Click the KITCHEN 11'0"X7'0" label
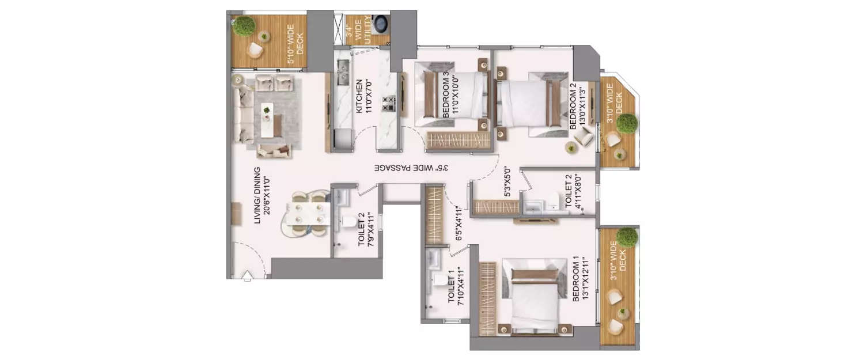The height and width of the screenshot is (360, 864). pos(363,96)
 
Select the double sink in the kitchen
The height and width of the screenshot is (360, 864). pos(343,72)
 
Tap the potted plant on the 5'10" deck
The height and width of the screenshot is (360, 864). pos(244,25)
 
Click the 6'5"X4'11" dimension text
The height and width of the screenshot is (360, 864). pos(458,222)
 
